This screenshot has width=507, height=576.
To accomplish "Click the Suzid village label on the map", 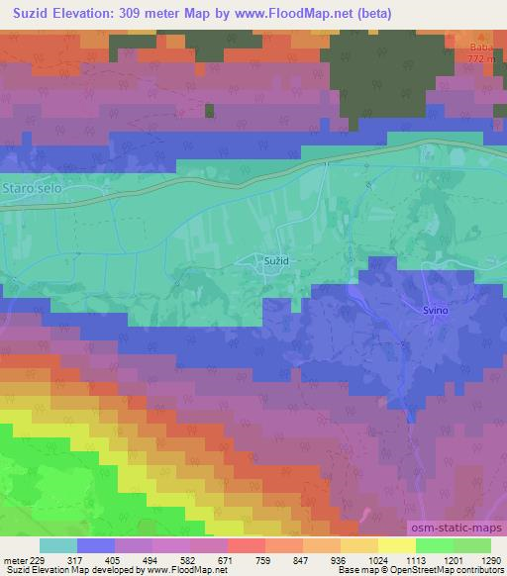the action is coord(276,259).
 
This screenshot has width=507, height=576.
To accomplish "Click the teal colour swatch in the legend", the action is coord(58,545).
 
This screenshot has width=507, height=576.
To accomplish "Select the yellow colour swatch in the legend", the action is coord(397,545).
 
